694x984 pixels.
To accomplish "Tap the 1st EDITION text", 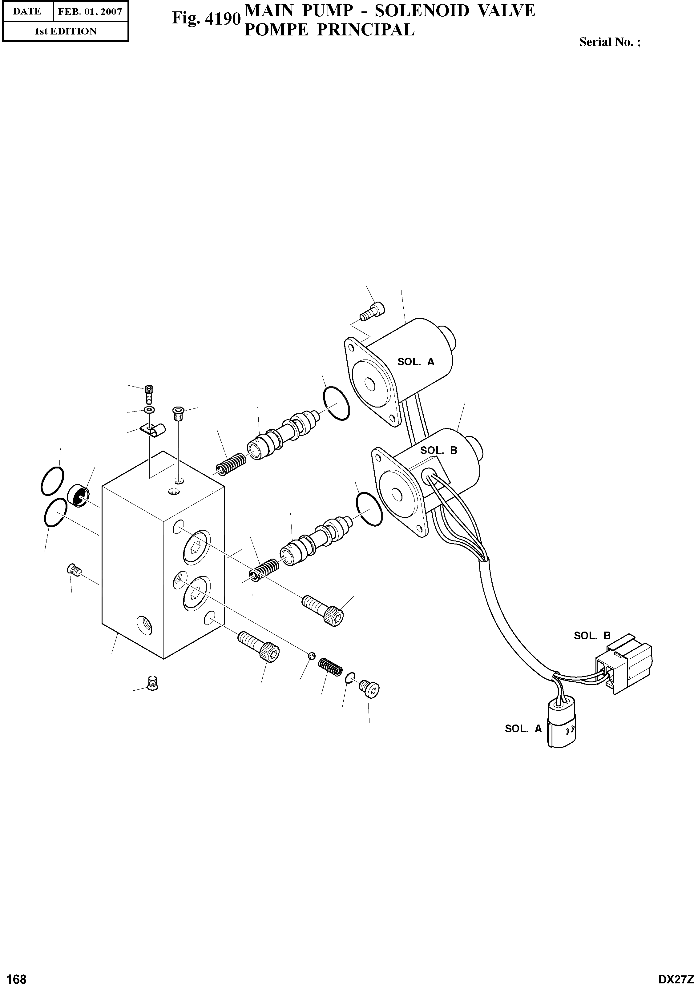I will click(65, 31).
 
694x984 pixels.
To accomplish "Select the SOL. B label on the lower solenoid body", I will click(438, 450).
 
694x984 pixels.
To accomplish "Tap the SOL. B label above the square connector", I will click(592, 636).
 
